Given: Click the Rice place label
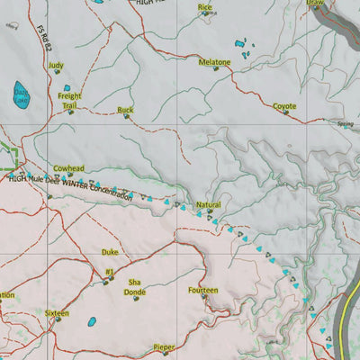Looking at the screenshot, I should [206, 7].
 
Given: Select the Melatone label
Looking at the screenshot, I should [215, 62].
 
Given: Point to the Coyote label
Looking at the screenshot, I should [284, 106].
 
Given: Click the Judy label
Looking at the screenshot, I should [56, 66].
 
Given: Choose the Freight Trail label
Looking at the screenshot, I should [69, 101].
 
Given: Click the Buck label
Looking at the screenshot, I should [125, 110].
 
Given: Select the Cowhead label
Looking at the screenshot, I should [68, 168].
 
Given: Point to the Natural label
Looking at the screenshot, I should [208, 205].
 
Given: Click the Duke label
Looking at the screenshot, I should [110, 253].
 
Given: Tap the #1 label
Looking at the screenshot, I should [109, 271].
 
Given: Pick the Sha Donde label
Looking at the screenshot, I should [136, 286].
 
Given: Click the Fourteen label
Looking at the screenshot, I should [203, 291].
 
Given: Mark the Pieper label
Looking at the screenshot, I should [164, 346].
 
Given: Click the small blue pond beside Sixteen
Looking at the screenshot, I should [91, 321].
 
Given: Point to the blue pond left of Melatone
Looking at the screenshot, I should [240, 42].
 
